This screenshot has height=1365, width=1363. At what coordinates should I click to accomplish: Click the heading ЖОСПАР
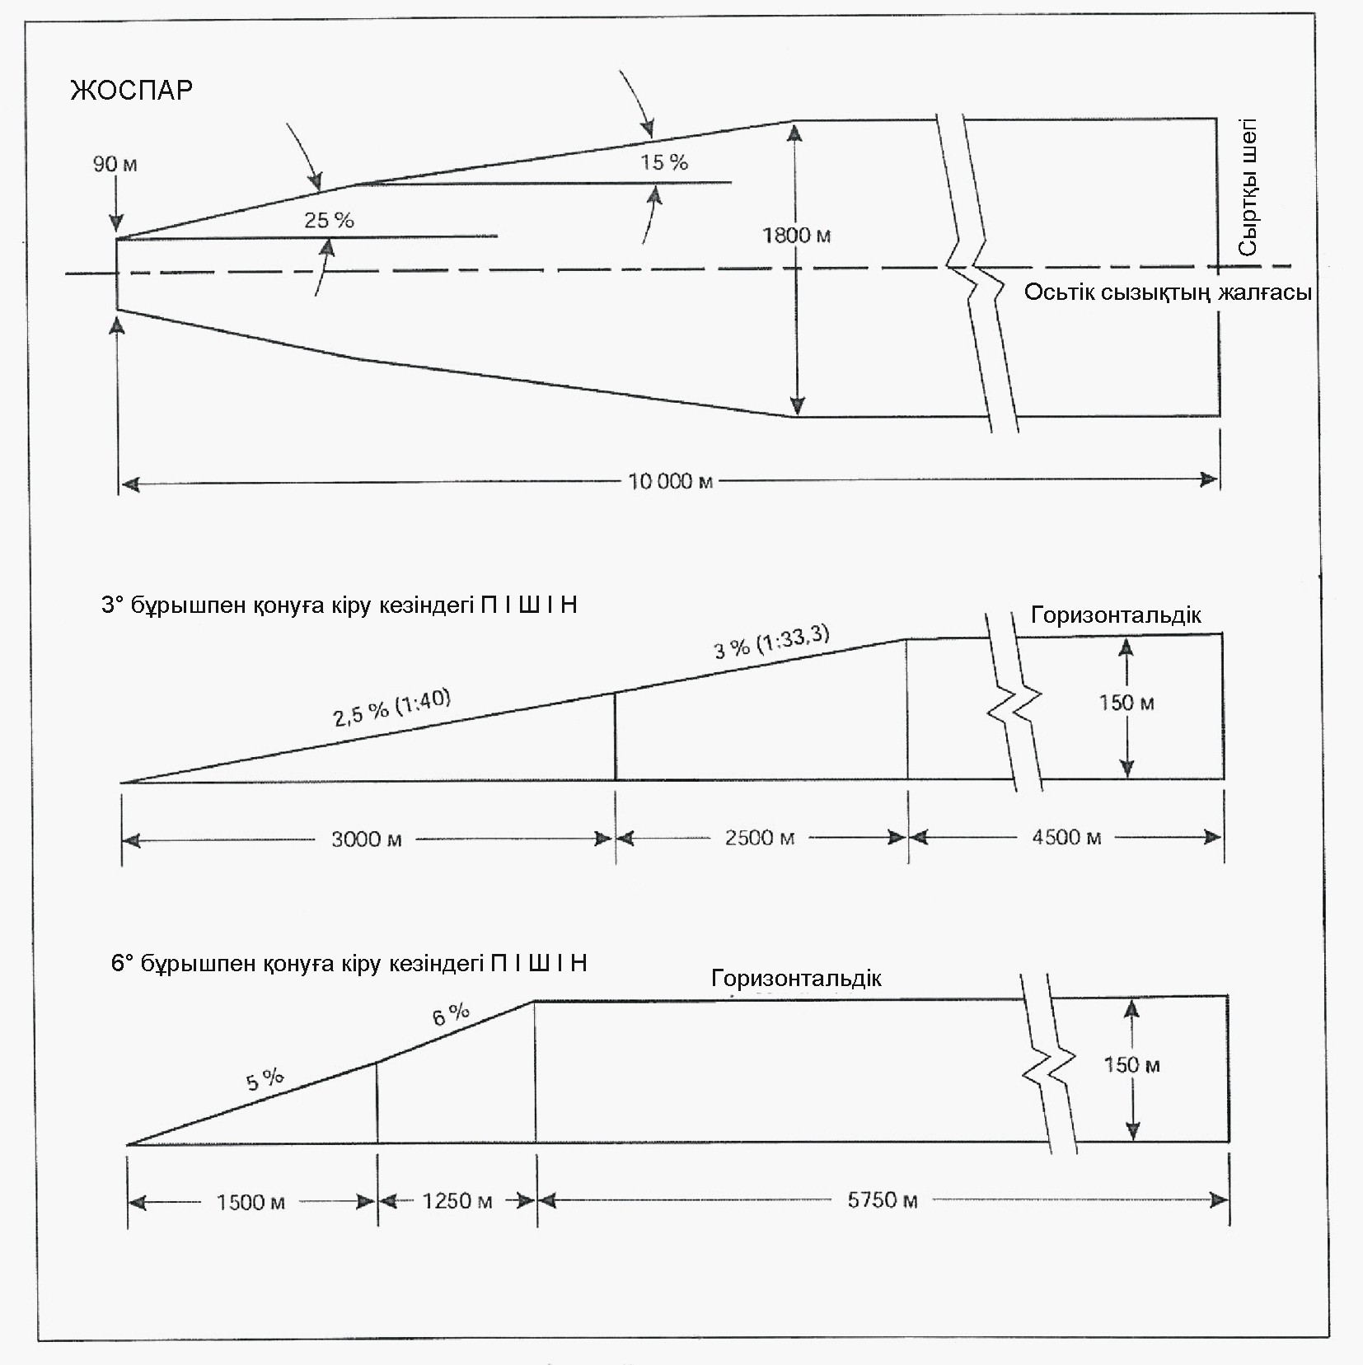coord(132,88)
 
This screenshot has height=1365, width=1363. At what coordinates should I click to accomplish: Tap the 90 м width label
coord(115,164)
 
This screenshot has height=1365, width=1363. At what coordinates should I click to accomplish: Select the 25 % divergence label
coord(329,220)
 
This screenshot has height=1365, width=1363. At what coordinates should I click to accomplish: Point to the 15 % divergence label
coord(664,162)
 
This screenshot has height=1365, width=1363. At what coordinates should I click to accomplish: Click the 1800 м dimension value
coord(797,236)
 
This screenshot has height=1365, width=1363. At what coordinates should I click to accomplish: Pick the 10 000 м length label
coord(671,481)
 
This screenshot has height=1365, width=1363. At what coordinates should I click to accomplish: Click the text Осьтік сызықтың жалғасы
coord(1168,292)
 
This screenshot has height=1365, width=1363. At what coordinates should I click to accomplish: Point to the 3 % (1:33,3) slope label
coord(771,643)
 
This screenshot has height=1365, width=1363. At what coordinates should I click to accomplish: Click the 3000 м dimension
coord(367,839)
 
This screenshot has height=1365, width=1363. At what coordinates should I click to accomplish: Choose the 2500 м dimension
coord(760,839)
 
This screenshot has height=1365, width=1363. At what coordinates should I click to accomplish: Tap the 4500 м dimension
coord(1066,838)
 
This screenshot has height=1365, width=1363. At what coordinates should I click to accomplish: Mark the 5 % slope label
coord(265,1079)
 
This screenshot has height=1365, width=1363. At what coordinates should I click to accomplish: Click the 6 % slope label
coord(451,1015)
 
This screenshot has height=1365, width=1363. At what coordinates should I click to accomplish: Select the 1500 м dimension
coord(251,1202)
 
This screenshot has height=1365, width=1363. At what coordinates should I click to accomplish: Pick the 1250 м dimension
coord(457,1201)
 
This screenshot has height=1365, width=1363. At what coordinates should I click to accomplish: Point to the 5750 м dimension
coord(883,1200)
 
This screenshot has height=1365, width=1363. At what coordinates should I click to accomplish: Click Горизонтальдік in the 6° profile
coord(796,978)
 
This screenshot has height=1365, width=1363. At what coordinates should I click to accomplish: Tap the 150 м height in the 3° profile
coord(1126,703)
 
